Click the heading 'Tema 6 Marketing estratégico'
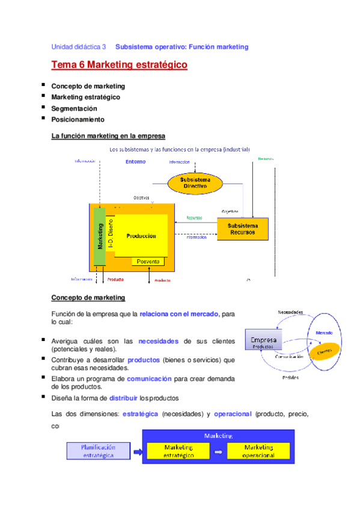[120, 65]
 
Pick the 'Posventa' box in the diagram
[148, 261]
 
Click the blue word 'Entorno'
[135, 162]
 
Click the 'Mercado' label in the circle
[325, 332]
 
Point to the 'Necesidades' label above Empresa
[290, 312]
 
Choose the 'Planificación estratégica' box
[98, 451]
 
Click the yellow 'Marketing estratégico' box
[178, 451]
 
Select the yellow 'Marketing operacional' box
[258, 451]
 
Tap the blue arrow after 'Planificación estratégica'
[137, 452]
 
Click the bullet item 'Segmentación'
[74, 109]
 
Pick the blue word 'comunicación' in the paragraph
[149, 379]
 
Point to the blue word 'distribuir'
[123, 398]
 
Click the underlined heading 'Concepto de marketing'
[88, 298]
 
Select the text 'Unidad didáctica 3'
[79, 46]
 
